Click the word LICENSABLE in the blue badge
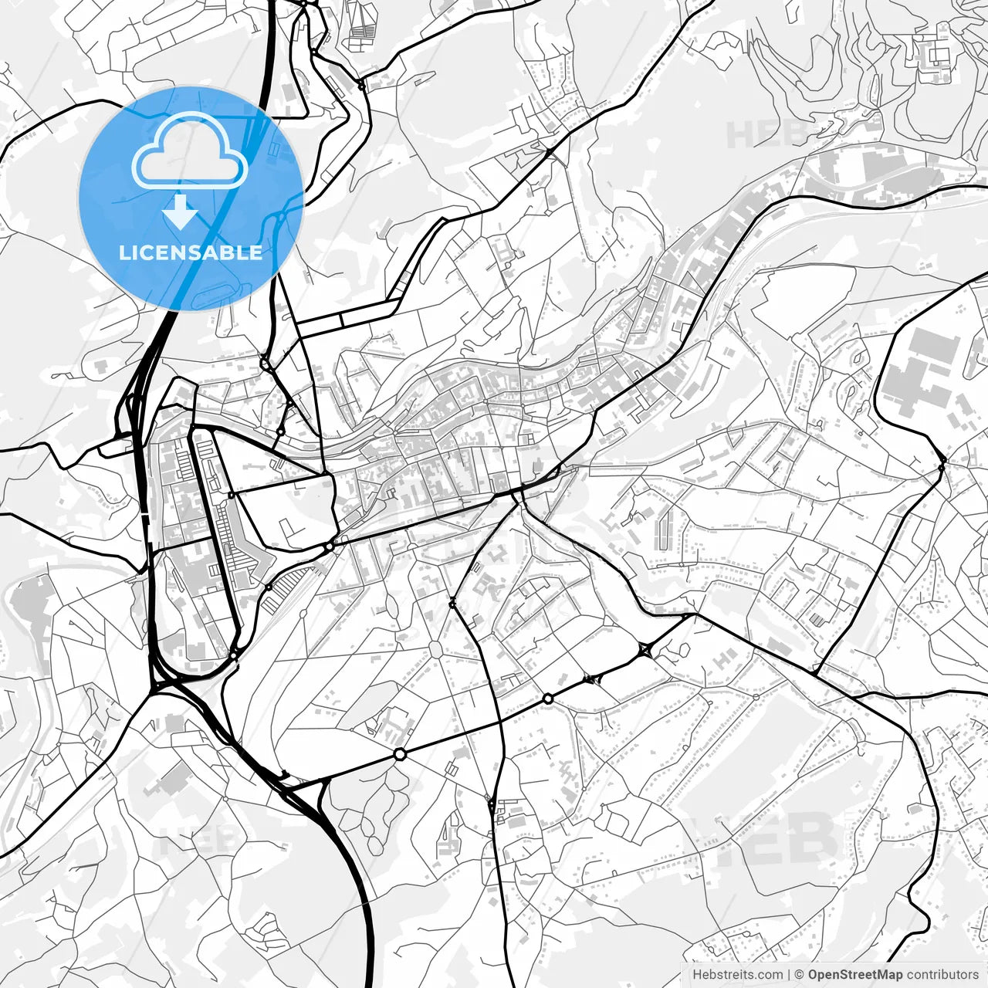[x=190, y=252]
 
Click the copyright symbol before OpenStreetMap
[x=800, y=975]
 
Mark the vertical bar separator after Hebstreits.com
[x=789, y=975]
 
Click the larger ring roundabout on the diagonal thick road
[x=399, y=754]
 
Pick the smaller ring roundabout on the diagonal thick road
[x=547, y=699]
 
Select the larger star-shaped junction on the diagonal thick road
[x=645, y=651]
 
